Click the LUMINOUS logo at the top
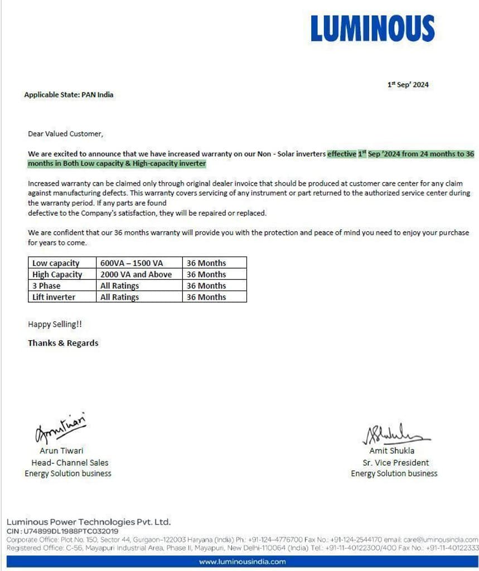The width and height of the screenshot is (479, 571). pos(372,28)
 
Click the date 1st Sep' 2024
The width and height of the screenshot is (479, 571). pos(408,85)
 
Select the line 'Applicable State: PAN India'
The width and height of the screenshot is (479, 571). pos(69,95)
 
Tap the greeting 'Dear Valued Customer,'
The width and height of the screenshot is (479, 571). pos(65,134)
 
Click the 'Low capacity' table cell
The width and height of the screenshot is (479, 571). pos(56,263)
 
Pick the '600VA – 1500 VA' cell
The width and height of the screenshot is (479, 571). pos(132,263)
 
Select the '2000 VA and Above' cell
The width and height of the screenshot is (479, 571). pos(136,274)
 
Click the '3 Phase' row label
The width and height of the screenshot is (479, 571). pos(46,285)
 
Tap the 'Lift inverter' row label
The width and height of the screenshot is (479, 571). pos(54,297)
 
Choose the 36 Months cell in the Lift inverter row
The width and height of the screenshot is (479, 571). pos(206,297)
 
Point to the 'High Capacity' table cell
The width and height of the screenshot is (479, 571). pos(57,274)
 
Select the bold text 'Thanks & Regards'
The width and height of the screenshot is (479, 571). pos(63,343)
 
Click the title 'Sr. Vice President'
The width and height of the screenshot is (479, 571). pos(395,462)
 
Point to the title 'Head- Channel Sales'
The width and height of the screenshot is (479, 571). pos(70,462)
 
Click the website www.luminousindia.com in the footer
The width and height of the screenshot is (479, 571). pos(242,562)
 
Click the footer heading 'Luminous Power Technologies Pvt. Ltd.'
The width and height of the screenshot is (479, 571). pos(88,522)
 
